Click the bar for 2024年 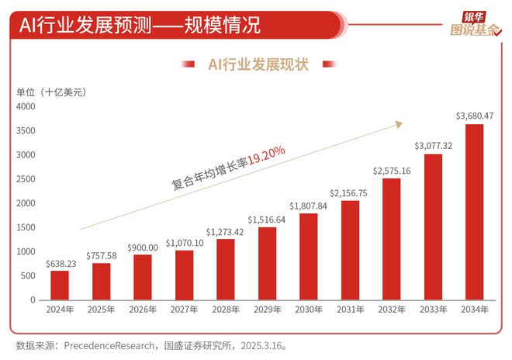[x=60, y=285]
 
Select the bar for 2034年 [x=474, y=212]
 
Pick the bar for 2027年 [x=184, y=275]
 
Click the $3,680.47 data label [x=474, y=116]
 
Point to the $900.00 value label [x=142, y=246]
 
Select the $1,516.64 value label [x=266, y=219]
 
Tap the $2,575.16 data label [x=391, y=170]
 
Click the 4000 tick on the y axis [x=26, y=106]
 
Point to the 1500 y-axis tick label [x=26, y=227]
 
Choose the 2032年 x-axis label [x=391, y=310]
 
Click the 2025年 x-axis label [x=101, y=310]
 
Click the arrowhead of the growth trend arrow [x=400, y=123]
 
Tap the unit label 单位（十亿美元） [x=51, y=92]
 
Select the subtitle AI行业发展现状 [x=258, y=64]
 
